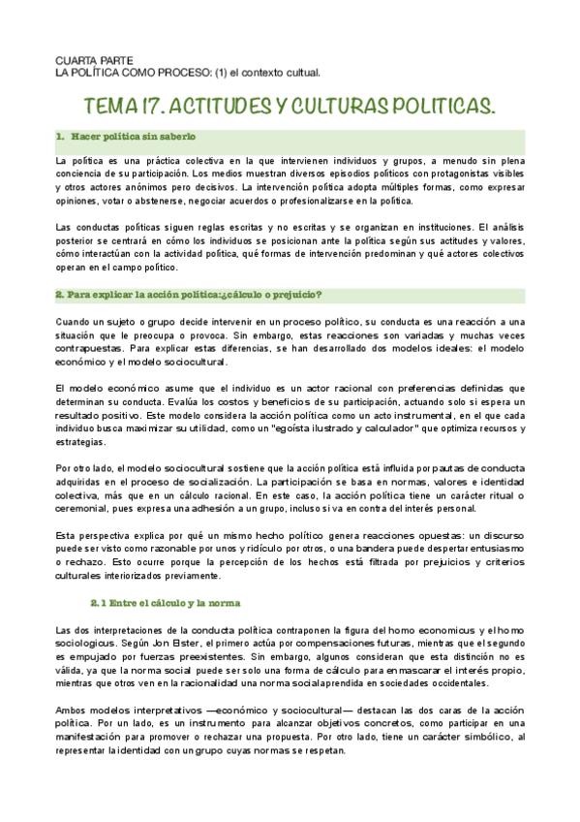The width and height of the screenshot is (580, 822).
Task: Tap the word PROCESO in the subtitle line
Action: (x=169, y=73)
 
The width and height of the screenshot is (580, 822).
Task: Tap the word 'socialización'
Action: (x=205, y=481)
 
